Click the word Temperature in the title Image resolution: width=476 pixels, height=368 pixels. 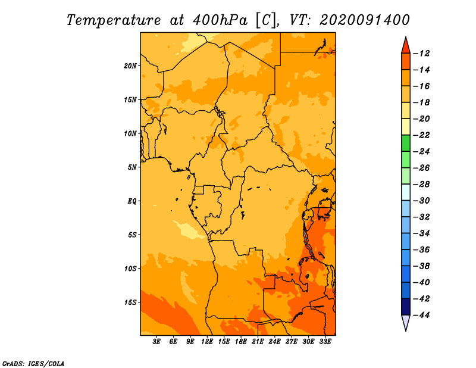click(114, 20)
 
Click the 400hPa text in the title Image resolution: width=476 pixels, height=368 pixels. click(220, 20)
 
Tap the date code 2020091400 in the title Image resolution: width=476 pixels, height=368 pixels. click(365, 20)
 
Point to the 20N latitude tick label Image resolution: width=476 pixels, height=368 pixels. click(130, 66)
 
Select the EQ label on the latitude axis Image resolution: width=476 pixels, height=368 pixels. click(132, 201)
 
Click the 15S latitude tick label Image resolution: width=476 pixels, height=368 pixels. click(130, 302)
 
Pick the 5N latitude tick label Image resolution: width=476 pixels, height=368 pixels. click(132, 167)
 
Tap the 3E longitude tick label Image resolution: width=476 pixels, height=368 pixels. click(156, 341)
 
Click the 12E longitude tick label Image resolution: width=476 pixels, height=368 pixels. click(207, 341)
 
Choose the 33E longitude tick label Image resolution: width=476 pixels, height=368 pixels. click(325, 341)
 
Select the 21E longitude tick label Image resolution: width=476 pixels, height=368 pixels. click(258, 341)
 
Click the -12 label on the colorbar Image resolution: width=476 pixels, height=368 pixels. click(421, 54)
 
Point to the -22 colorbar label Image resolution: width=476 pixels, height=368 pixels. click(421, 135)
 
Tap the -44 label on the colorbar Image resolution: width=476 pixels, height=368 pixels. click(421, 315)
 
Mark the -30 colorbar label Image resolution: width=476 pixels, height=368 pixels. click(421, 201)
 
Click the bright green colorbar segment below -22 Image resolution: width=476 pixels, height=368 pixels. click(406, 143)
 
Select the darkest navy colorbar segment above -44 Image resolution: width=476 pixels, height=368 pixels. click(406, 307)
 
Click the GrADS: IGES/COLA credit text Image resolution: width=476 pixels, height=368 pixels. click(33, 363)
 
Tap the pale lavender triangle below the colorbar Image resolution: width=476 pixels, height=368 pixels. click(406, 322)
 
